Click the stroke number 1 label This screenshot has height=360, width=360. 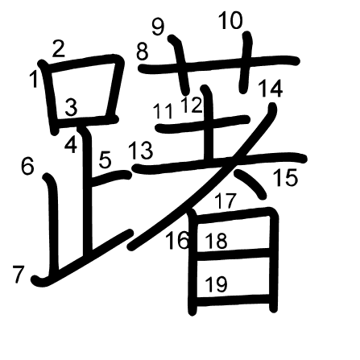pyautogui.click(x=34, y=79)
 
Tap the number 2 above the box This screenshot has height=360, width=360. pyautogui.click(x=59, y=48)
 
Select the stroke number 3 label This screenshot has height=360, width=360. pyautogui.click(x=71, y=107)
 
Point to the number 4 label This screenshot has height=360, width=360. pyautogui.click(x=71, y=144)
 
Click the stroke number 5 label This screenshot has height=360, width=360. pyautogui.click(x=105, y=159)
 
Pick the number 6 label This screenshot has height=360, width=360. pyautogui.click(x=27, y=167)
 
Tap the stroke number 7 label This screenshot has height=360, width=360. pyautogui.click(x=19, y=274)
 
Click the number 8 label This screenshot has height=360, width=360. pyautogui.click(x=143, y=52)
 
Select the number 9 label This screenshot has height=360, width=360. pyautogui.click(x=158, y=27)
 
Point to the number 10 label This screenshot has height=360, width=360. pyautogui.click(x=231, y=20)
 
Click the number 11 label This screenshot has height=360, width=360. pyautogui.click(x=163, y=111)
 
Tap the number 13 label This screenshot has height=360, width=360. pyautogui.click(x=141, y=151)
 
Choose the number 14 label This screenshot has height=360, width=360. pyautogui.click(x=271, y=89)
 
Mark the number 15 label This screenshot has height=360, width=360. pyautogui.click(x=285, y=177)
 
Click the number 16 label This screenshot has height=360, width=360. pyautogui.click(x=178, y=241)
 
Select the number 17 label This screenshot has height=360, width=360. pyautogui.click(x=226, y=201)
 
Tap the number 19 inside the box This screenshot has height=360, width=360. pyautogui.click(x=216, y=284)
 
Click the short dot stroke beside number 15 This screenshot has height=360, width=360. pyautogui.click(x=251, y=184)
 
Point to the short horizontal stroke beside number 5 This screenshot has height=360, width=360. pyautogui.click(x=111, y=178)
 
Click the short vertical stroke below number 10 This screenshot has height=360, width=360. pyautogui.click(x=246, y=63)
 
